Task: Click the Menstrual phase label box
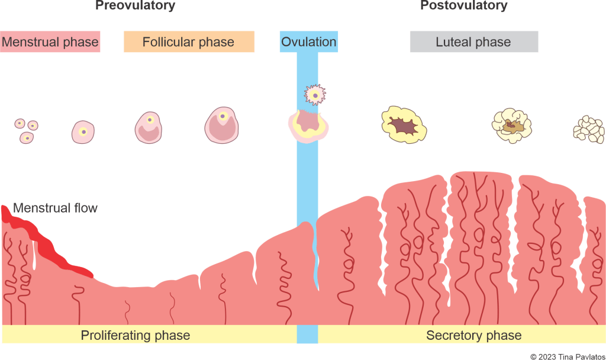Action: tap(50, 43)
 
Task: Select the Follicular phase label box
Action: tap(189, 42)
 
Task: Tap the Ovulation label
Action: tap(308, 42)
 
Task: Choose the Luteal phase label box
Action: tap(473, 42)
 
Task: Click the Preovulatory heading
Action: tap(136, 6)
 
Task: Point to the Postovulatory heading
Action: tap(464, 6)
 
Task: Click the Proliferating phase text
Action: tap(136, 335)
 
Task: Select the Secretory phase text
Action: tap(473, 335)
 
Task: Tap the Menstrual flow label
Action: tap(56, 208)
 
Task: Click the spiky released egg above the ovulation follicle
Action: tap(315, 94)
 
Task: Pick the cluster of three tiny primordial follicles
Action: tap(26, 130)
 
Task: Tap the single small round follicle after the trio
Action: tap(83, 131)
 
